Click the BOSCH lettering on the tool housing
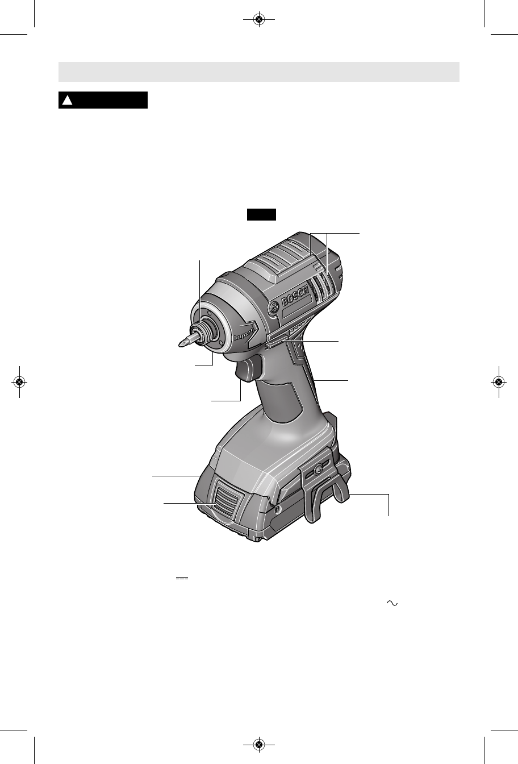coord(295,296)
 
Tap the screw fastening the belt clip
coord(318,470)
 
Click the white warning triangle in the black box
coord(68,100)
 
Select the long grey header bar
coord(259,72)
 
